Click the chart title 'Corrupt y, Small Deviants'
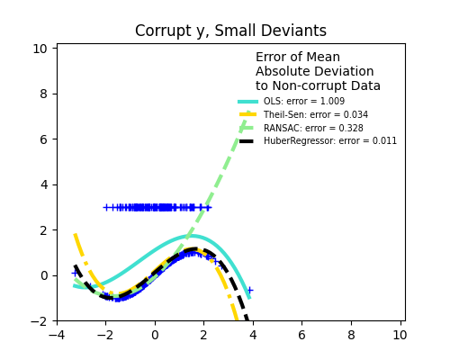click(x=230, y=31)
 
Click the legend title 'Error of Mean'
click(x=298, y=58)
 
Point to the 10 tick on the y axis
click(x=40, y=49)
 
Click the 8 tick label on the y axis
click(x=43, y=94)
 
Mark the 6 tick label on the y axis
click(x=43, y=139)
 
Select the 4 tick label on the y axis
click(x=43, y=184)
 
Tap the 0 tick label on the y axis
click(x=43, y=275)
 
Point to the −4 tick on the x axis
click(x=57, y=336)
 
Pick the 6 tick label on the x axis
click(x=301, y=336)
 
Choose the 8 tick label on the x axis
click(x=351, y=336)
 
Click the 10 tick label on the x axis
click(x=400, y=336)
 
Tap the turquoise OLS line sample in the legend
click(x=248, y=102)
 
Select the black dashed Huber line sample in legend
click(x=248, y=141)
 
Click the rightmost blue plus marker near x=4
click(x=249, y=290)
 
